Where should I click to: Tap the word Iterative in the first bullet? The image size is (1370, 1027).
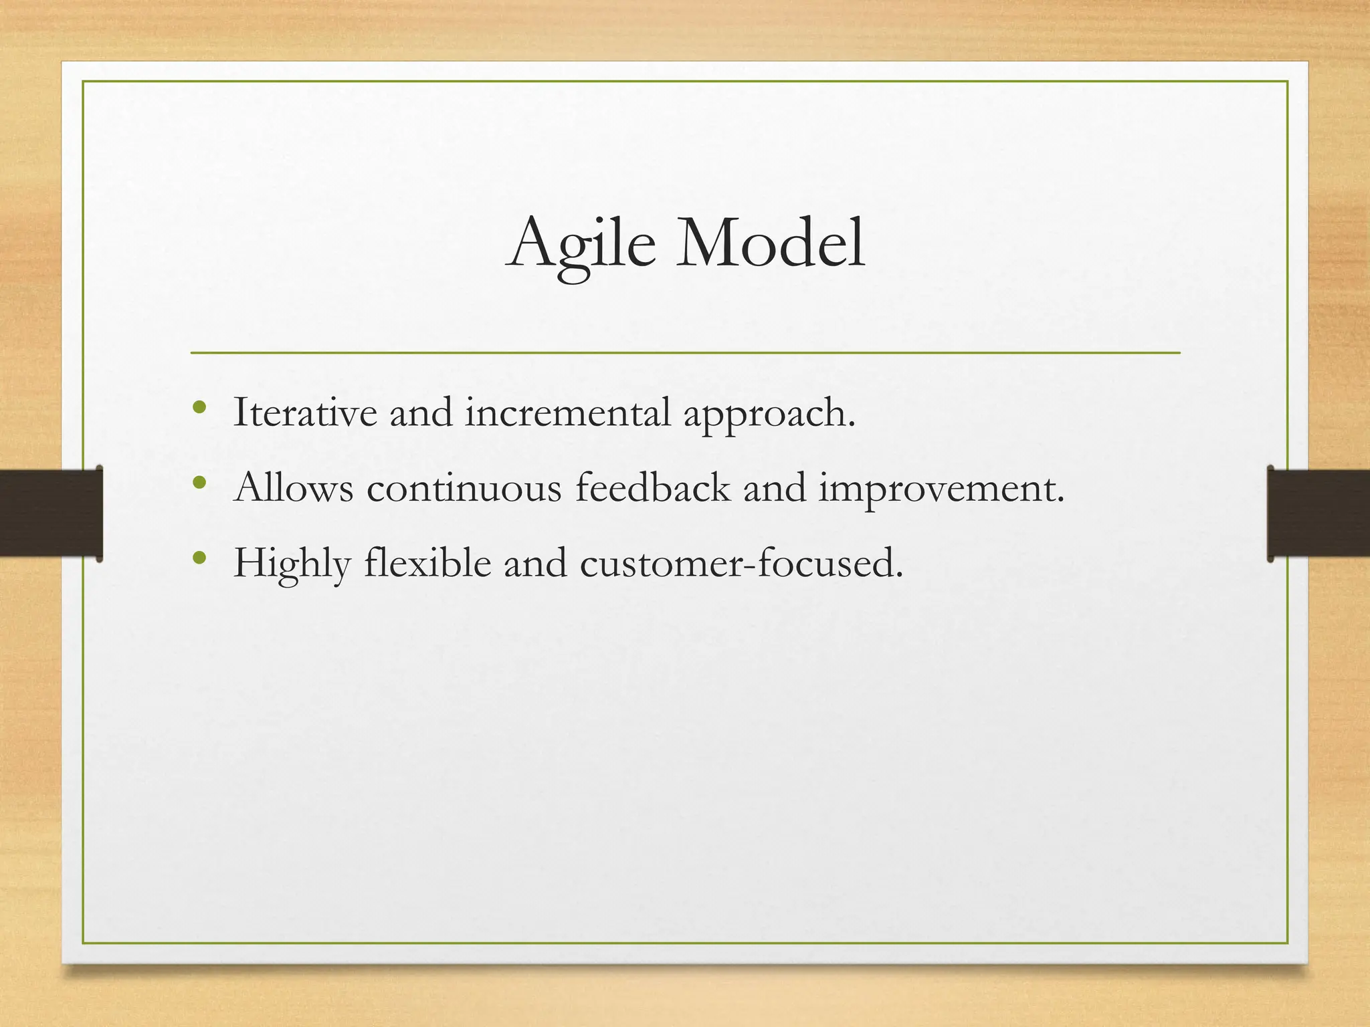(305, 413)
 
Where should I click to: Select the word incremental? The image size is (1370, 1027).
(568, 413)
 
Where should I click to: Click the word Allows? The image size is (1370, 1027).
(294, 487)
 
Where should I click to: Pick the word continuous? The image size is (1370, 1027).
(464, 488)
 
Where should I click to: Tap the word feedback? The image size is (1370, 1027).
(653, 487)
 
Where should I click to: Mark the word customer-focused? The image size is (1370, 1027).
(741, 564)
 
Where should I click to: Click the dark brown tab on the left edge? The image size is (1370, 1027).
(51, 513)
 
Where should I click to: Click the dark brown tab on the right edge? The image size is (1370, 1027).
(1318, 513)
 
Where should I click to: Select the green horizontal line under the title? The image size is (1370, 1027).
(685, 352)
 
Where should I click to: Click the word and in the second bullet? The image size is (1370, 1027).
(775, 488)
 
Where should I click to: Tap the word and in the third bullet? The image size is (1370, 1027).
(535, 564)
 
